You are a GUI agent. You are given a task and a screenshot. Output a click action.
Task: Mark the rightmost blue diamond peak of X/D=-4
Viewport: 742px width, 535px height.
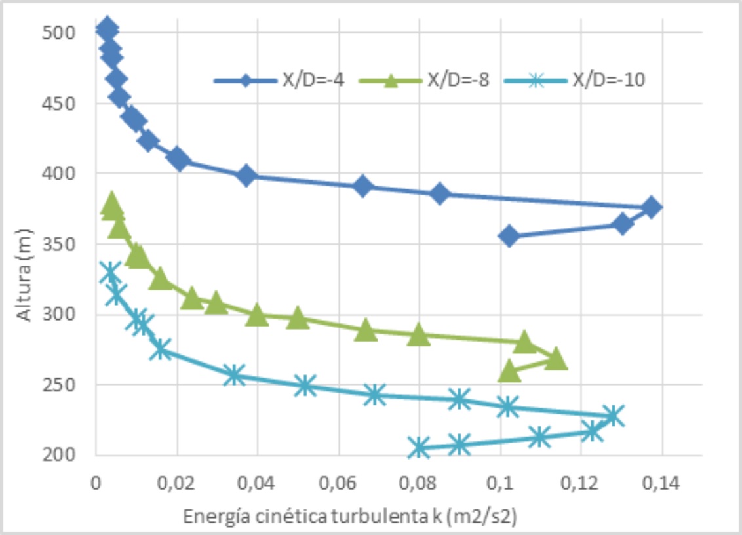[x=651, y=207]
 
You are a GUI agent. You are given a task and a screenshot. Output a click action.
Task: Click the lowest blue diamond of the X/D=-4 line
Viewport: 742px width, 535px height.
[x=509, y=236]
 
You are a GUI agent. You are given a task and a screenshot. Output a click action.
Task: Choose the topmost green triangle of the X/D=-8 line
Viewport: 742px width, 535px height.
[x=111, y=203]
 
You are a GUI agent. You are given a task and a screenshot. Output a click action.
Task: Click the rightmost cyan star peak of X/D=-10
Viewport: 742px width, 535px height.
[x=613, y=416]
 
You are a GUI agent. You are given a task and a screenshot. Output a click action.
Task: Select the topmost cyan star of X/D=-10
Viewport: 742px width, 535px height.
[x=111, y=273]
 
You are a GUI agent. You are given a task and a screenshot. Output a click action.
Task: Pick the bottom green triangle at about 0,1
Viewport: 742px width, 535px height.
[x=509, y=372]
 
